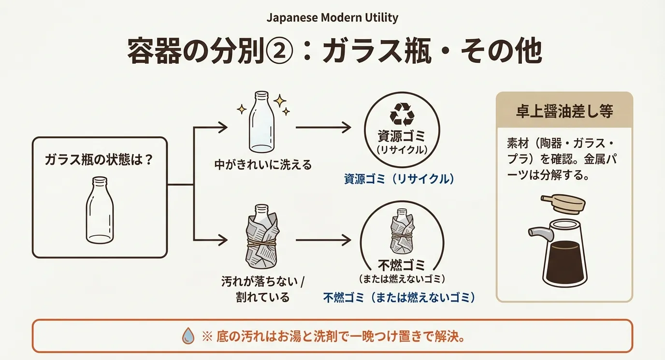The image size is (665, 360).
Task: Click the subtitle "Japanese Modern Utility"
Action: coord(332,18)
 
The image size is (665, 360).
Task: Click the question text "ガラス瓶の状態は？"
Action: coord(99,159)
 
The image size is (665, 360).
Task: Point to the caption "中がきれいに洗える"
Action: coord(263,165)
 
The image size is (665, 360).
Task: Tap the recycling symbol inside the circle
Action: coord(402,114)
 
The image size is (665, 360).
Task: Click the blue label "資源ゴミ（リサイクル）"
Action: coord(400,179)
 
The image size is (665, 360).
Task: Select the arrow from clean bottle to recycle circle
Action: coord(323,128)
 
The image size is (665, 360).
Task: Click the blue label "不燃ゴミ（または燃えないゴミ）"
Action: coord(399,297)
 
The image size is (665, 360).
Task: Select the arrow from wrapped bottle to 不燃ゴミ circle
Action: coord(323,239)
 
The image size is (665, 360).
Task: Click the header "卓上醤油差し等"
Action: coord(564,112)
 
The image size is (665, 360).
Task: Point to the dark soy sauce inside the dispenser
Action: coord(564,261)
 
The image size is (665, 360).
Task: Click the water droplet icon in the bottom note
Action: coord(188,336)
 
